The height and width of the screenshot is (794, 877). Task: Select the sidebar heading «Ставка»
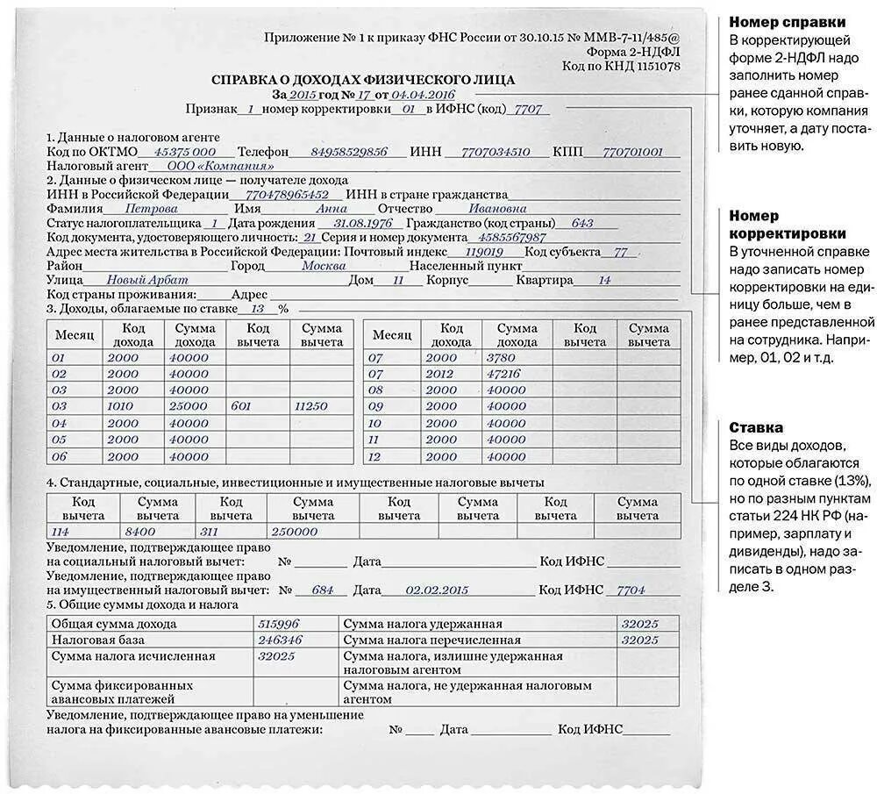[x=756, y=427]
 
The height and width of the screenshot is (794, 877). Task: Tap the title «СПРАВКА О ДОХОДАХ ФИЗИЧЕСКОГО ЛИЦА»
[x=363, y=80]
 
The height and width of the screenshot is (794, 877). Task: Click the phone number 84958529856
[x=349, y=152]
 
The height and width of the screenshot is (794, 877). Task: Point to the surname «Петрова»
[x=152, y=209]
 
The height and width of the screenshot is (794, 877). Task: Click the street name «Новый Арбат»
[x=135, y=280]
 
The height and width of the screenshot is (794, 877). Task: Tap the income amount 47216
[x=503, y=374]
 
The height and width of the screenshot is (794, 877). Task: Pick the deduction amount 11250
[x=311, y=406]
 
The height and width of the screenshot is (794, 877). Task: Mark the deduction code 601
[x=240, y=406]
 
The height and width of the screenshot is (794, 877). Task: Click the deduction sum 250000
[x=295, y=531]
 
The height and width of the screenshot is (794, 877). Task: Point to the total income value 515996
[x=278, y=624]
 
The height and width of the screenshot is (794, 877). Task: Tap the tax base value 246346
[x=280, y=640]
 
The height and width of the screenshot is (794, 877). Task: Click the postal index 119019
[x=484, y=252]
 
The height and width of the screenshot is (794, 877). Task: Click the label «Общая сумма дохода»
[x=114, y=625]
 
